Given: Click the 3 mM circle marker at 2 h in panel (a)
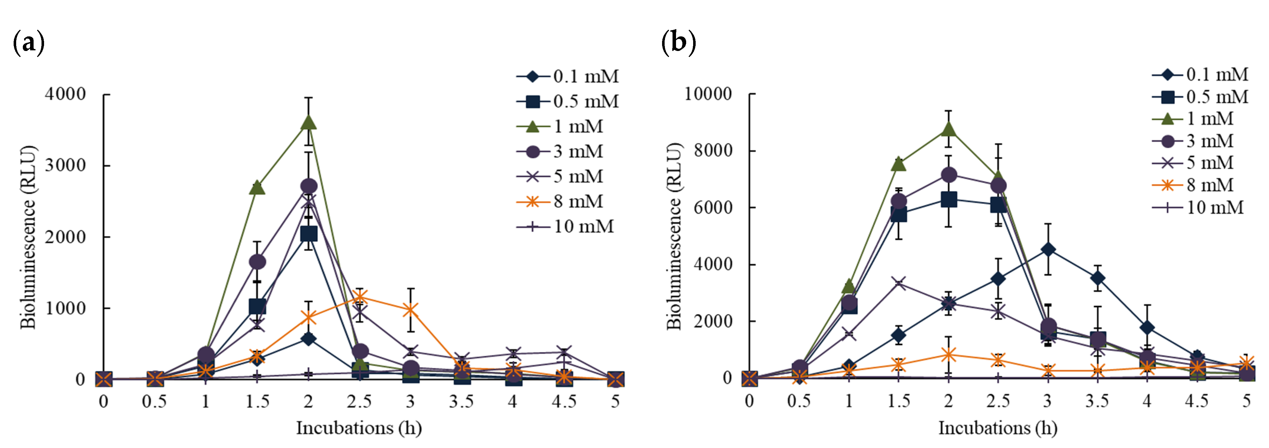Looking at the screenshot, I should click(308, 186).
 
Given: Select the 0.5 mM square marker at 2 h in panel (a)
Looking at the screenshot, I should click(308, 234).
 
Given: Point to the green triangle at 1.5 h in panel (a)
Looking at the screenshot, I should click(257, 187).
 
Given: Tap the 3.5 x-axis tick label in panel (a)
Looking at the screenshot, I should click(461, 401).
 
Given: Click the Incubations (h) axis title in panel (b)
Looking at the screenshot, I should click(998, 428).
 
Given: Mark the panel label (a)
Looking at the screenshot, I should click(29, 43).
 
